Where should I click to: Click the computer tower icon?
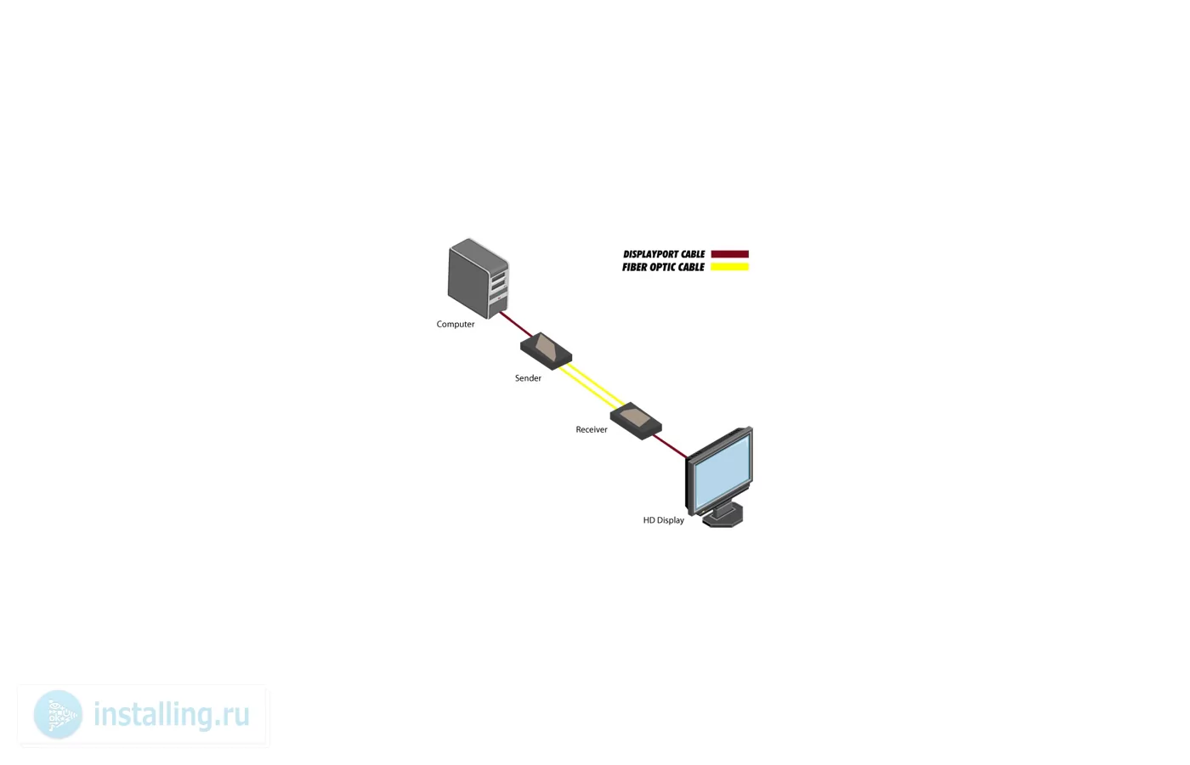pos(478,279)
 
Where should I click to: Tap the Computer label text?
pos(456,324)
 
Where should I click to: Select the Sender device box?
pos(546,351)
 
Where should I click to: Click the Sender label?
pos(528,378)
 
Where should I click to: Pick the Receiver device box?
pos(636,421)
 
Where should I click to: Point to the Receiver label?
pos(592,429)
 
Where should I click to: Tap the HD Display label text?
pos(664,520)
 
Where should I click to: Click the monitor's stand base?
pos(722,517)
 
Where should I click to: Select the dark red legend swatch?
pos(730,254)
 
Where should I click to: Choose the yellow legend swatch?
pos(730,267)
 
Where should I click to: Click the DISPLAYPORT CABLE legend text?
pos(664,254)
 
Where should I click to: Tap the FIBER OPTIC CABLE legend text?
pos(663,267)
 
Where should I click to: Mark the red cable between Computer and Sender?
pos(515,324)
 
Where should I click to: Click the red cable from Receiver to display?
pos(671,446)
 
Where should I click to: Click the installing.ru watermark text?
pos(171,714)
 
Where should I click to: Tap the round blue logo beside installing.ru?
pos(58,715)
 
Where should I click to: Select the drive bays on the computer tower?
pos(498,285)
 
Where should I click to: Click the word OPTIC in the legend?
pos(663,267)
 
